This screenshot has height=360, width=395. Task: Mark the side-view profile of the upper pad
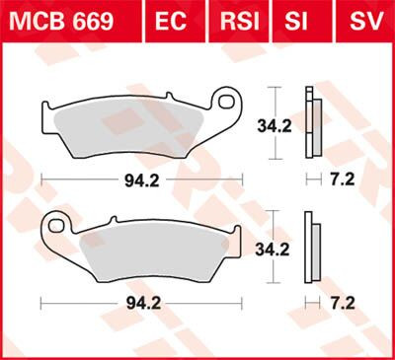tap(313, 123)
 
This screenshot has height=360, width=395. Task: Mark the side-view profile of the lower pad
tap(313, 252)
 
